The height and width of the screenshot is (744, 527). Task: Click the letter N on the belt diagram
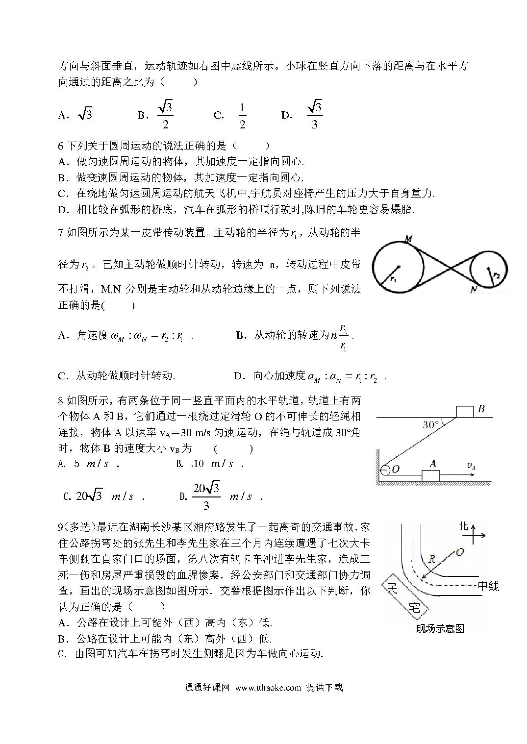click(x=474, y=290)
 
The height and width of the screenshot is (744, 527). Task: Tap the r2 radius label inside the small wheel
click(x=496, y=275)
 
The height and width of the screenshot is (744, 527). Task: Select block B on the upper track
click(x=465, y=411)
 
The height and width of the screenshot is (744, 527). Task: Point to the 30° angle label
click(x=431, y=424)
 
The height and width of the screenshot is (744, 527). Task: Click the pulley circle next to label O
click(x=385, y=470)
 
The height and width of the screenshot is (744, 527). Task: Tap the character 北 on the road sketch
click(x=463, y=527)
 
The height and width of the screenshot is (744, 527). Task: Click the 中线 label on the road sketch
click(x=488, y=585)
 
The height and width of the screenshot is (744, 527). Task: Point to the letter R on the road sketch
click(x=432, y=558)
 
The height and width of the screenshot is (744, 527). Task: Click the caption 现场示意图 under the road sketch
click(x=440, y=628)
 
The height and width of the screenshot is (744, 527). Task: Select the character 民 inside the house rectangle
click(x=392, y=588)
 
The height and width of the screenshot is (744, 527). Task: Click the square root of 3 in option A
click(x=85, y=115)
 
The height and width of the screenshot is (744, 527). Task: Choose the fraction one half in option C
click(x=242, y=116)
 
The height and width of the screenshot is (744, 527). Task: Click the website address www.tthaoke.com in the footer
click(x=268, y=687)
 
